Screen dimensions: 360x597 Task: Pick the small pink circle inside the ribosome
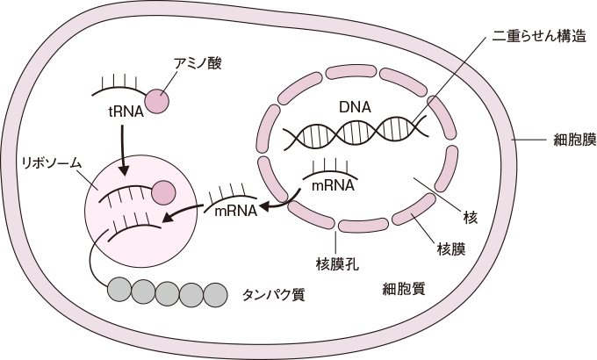(x=163, y=191)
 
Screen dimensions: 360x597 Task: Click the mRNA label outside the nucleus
(x=235, y=210)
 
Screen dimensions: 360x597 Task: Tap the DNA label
(x=355, y=107)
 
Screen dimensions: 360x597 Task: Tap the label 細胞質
(x=405, y=289)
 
